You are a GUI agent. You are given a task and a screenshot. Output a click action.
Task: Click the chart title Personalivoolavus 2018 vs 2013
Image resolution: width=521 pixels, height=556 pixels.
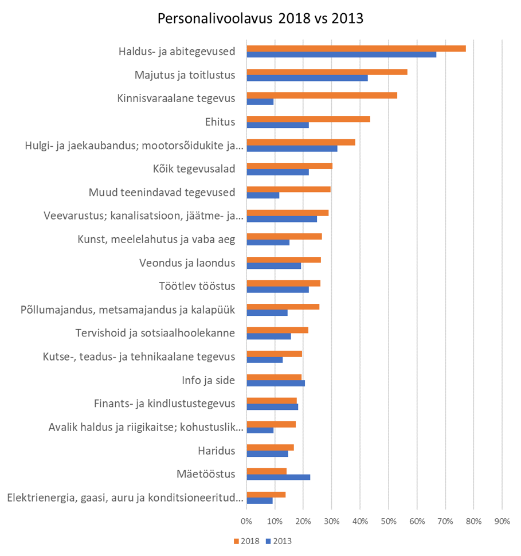tap(260, 18)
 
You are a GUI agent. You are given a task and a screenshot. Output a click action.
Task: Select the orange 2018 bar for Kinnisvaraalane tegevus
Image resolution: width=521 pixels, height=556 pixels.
tap(322, 95)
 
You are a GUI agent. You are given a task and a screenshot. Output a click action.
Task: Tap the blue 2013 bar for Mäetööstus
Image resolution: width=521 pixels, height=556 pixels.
tap(278, 477)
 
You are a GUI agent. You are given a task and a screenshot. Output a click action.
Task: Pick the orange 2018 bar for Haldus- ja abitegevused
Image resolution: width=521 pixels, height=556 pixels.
tap(356, 48)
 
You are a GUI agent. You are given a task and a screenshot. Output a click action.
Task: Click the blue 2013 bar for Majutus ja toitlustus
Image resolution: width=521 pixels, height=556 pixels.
tap(307, 78)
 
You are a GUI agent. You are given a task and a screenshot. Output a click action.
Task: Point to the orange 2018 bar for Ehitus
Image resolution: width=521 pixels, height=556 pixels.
tap(308, 119)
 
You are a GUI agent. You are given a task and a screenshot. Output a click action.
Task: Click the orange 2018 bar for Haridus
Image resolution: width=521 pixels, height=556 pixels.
tap(270, 447)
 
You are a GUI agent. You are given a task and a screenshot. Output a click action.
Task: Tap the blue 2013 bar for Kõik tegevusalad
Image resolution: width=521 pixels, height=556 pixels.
tap(277, 172)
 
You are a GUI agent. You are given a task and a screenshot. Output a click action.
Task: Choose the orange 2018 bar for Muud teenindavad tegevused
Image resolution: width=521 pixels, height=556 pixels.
tap(288, 189)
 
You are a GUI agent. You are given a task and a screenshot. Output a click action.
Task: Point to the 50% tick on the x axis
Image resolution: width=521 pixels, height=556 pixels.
tap(388, 521)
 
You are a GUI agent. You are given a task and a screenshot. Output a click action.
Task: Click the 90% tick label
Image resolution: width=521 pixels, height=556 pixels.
tap(502, 521)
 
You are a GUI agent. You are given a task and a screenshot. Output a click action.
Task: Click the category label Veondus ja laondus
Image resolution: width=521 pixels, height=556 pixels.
tap(187, 263)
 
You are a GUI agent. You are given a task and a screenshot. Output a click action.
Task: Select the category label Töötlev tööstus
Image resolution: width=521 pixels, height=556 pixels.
tap(197, 286)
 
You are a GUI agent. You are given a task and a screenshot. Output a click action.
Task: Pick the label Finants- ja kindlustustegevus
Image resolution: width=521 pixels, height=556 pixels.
tap(164, 404)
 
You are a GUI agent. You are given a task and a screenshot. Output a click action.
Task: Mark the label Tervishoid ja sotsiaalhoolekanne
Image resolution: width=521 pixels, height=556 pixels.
tap(155, 333)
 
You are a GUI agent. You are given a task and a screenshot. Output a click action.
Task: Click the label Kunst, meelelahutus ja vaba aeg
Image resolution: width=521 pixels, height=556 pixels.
tap(156, 240)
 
